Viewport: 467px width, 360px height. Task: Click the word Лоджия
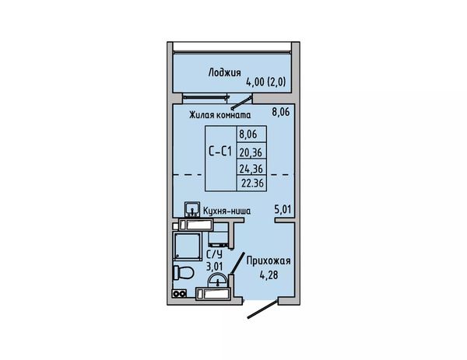[x=224, y=72]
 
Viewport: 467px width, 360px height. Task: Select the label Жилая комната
[x=220, y=115]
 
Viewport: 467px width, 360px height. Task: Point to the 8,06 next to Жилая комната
[x=280, y=112]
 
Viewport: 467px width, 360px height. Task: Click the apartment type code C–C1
[x=220, y=152]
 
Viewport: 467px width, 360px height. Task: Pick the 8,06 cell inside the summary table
[x=248, y=135]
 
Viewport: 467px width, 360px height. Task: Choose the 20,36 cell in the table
[x=251, y=152]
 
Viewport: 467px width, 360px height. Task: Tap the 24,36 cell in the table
[x=251, y=169]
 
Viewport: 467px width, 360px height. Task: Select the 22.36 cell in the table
[x=252, y=183]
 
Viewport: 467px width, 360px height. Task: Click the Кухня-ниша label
[x=226, y=211]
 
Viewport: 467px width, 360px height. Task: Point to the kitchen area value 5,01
[x=283, y=209]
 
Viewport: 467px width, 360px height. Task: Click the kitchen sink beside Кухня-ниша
[x=192, y=210]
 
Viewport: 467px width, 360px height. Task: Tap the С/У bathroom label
[x=215, y=255]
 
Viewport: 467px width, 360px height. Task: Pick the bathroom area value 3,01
[x=215, y=266]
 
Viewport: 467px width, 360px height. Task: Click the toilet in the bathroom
[x=183, y=273]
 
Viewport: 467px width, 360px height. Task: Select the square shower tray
[x=188, y=246]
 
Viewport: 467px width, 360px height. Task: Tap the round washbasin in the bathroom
[x=218, y=281]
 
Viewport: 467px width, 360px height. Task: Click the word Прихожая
[x=269, y=261]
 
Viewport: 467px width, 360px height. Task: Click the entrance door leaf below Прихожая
[x=263, y=309]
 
